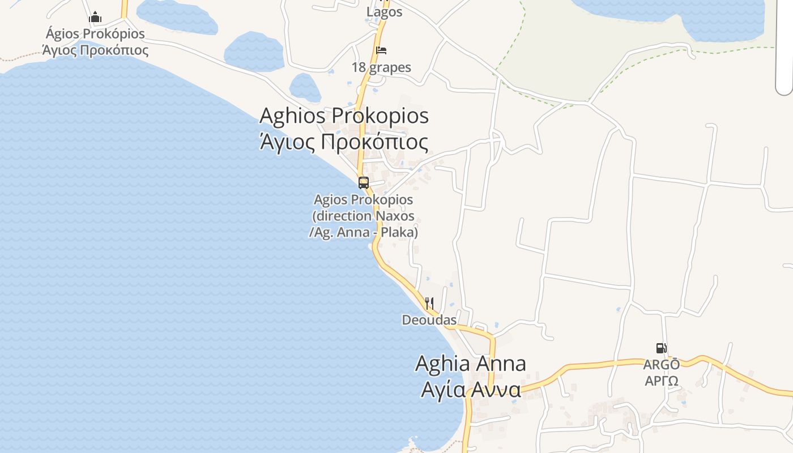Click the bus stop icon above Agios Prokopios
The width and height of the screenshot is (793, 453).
click(364, 183)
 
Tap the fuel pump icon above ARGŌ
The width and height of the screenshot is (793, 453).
click(661, 348)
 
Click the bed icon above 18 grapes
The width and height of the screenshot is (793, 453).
click(381, 50)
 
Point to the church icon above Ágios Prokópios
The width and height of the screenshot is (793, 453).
click(95, 17)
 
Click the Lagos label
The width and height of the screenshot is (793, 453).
click(384, 12)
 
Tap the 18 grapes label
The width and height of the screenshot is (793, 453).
click(381, 67)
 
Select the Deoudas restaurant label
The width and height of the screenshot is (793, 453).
click(429, 320)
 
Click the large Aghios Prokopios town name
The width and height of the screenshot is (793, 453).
click(344, 116)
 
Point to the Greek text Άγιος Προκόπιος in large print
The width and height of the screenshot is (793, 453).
click(344, 142)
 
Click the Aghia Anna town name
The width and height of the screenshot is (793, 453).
click(471, 364)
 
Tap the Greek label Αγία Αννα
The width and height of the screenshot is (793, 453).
click(471, 390)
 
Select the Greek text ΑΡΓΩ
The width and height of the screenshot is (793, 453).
click(662, 381)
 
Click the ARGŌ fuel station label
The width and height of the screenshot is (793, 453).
click(662, 365)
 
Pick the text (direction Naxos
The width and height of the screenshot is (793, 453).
click(364, 216)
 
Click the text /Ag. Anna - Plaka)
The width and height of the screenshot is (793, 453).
click(364, 232)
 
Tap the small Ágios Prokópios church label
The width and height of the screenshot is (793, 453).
click(95, 33)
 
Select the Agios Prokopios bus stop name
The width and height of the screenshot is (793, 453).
click(364, 199)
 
